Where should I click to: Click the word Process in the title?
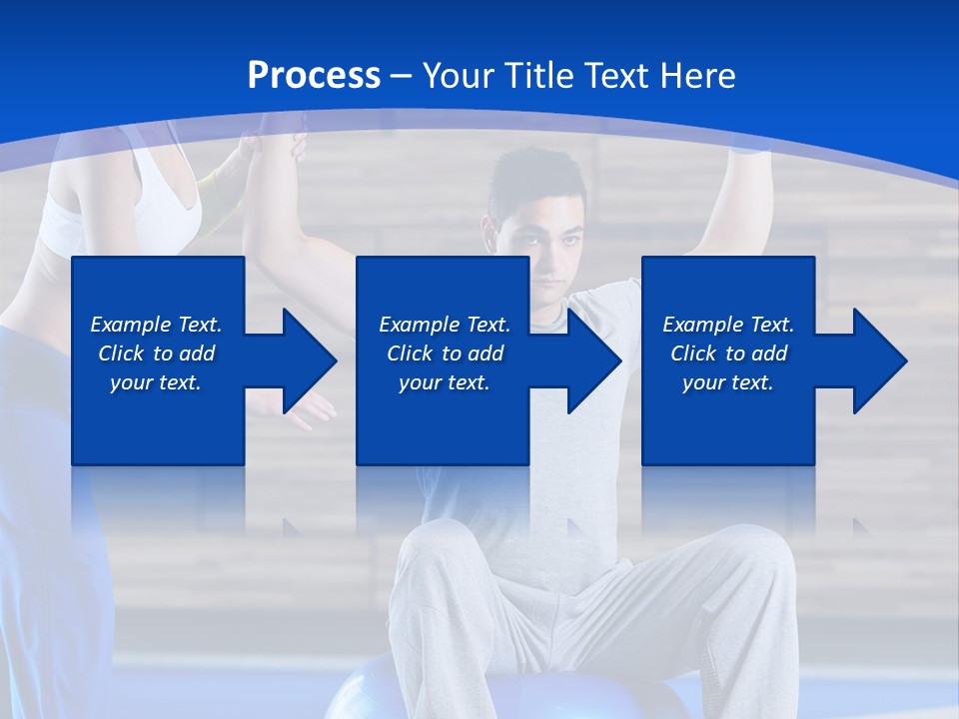314,76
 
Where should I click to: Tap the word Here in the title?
700,76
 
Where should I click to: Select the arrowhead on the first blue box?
306,360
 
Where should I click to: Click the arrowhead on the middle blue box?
590,360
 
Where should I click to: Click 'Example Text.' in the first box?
157,325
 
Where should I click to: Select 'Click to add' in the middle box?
445,354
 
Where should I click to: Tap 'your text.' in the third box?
728,382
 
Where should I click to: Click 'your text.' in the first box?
157,382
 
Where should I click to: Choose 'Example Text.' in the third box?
728,325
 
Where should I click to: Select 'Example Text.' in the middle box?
445,325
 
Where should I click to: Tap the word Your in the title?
461,76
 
